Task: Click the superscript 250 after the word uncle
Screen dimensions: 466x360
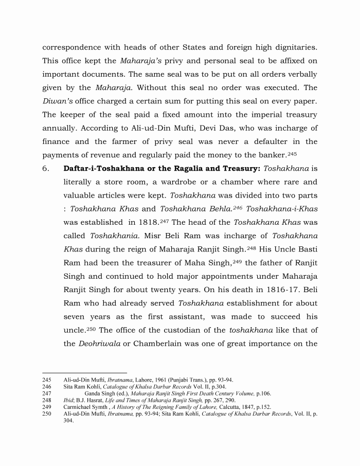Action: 92,328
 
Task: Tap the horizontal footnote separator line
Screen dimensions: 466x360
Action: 84,372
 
